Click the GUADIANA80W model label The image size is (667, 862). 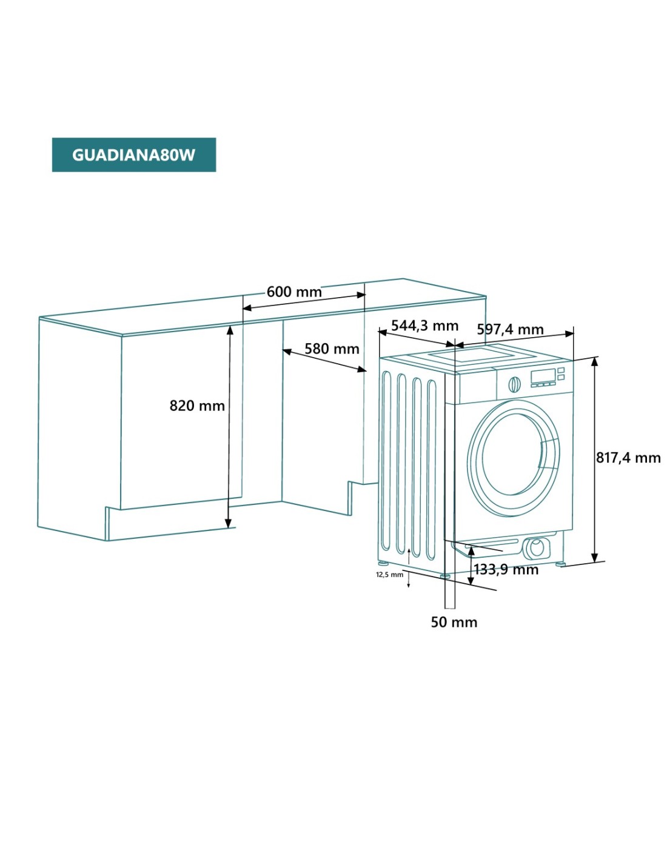pos(133,155)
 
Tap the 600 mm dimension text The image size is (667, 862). pos(294,292)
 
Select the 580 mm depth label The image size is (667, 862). pos(332,349)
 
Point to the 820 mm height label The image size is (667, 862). pos(197,406)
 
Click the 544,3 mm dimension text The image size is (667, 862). pos(424,326)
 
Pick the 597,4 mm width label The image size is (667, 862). pos(510,329)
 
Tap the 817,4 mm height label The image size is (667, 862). pos(628,458)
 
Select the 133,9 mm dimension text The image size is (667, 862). pos(506,569)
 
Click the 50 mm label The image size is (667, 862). pos(454,622)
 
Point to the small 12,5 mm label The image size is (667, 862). pos(389,575)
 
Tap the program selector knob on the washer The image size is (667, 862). pos(514,384)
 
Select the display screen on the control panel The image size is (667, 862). pos(543,376)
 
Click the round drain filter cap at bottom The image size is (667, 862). pos(536,547)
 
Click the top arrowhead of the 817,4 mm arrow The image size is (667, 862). pos(595,362)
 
